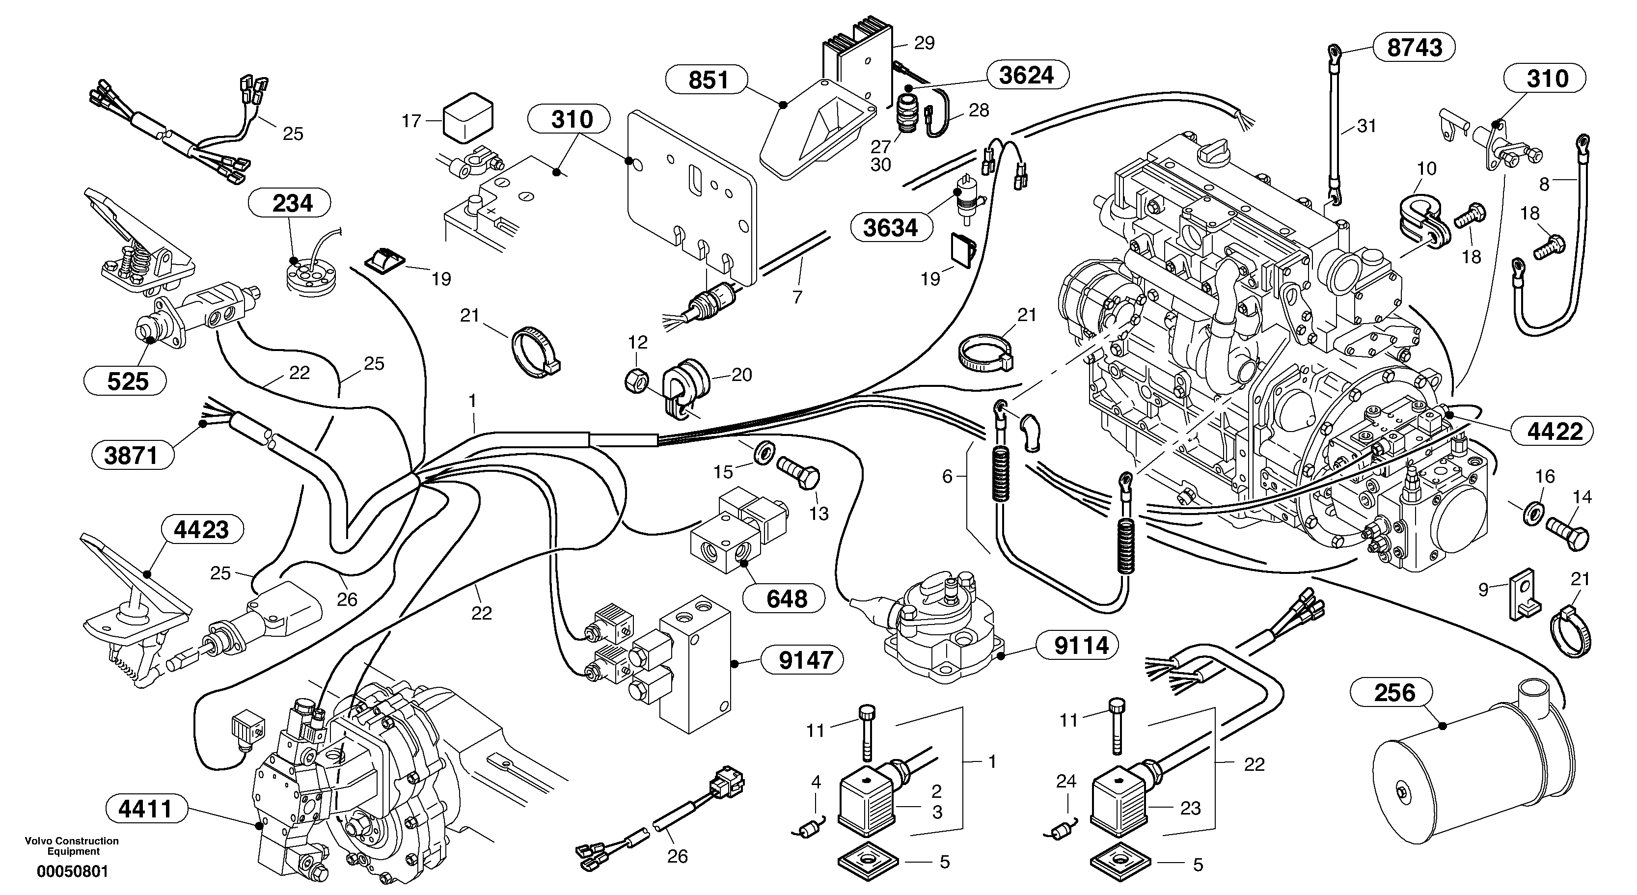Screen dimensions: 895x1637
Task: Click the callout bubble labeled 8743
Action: (1414, 48)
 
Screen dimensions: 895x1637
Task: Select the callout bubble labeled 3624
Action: (1027, 76)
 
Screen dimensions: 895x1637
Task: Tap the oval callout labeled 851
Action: (708, 80)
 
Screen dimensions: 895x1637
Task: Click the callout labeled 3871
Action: (132, 456)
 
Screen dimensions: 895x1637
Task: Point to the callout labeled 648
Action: (786, 598)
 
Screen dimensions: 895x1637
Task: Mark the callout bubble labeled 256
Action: (1393, 692)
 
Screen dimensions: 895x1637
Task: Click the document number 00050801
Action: (73, 871)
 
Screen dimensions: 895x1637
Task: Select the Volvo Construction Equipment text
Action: (72, 845)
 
